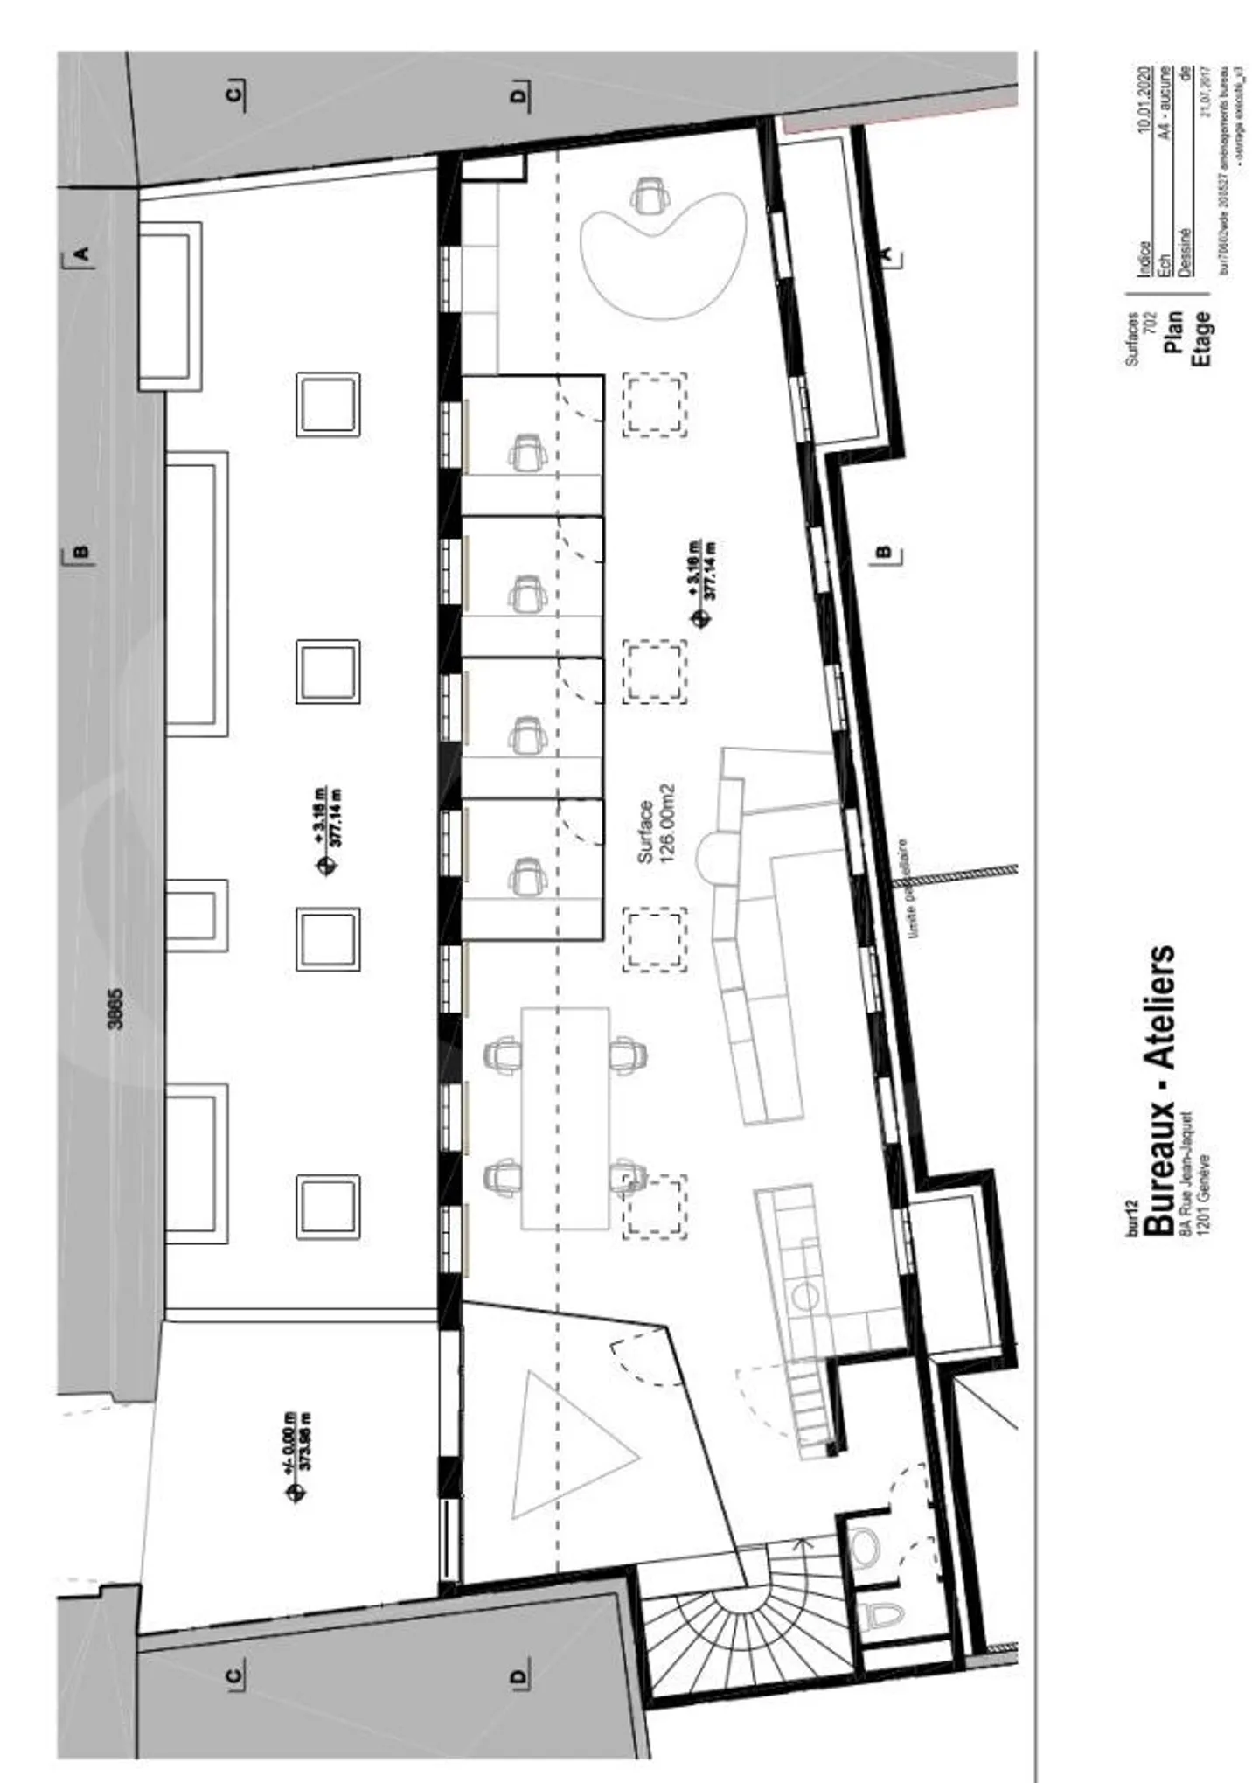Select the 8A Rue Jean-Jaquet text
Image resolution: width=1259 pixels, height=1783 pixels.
(1186, 1173)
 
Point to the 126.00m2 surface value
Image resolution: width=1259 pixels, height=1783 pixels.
(670, 823)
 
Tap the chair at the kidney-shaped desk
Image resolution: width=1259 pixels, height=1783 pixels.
(649, 193)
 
